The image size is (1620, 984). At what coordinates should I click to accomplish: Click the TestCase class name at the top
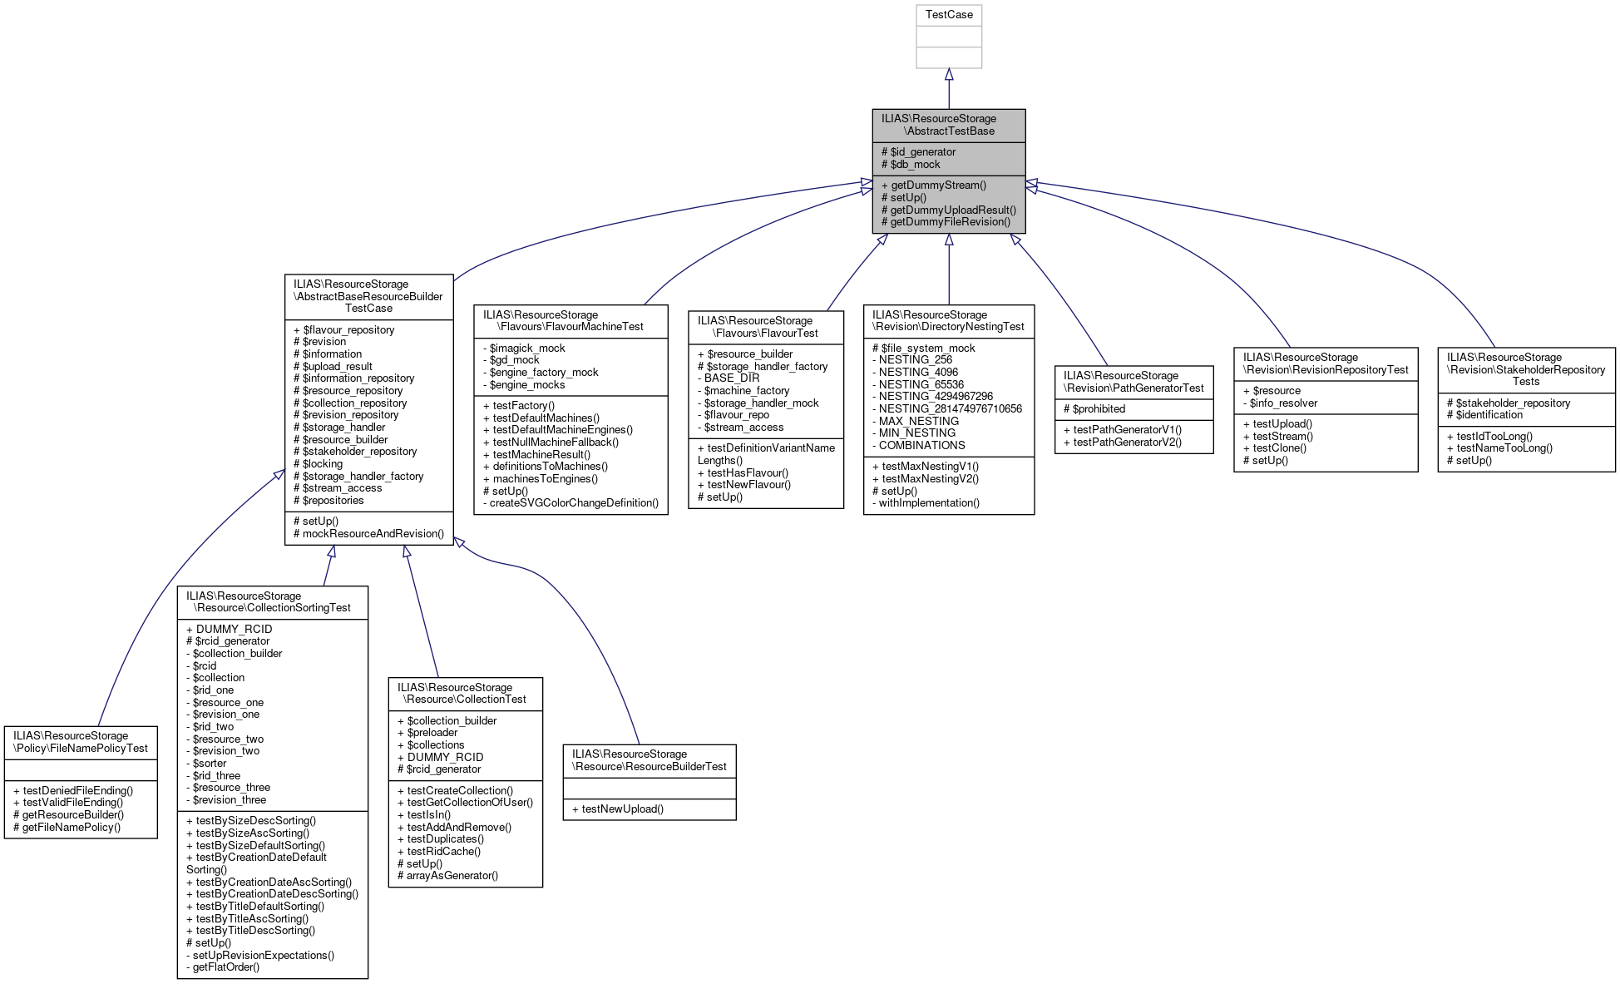point(948,15)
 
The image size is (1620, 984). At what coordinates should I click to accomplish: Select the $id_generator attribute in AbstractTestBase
point(922,152)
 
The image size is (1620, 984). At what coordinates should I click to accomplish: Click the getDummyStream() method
point(938,185)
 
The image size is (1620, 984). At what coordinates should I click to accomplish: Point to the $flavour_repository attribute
point(348,330)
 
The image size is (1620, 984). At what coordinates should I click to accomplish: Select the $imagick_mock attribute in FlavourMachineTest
point(526,349)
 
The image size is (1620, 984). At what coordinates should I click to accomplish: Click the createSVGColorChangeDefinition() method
point(574,503)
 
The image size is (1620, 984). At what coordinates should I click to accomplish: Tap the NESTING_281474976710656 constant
point(950,409)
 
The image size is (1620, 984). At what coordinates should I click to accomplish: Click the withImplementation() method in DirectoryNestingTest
point(929,503)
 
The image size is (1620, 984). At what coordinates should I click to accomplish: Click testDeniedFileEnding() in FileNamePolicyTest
point(77,791)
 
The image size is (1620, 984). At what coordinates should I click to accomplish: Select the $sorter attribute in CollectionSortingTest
point(209,764)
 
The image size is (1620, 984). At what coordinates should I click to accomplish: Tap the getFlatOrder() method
point(225,967)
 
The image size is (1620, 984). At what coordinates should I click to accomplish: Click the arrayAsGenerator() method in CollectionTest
point(452,876)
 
